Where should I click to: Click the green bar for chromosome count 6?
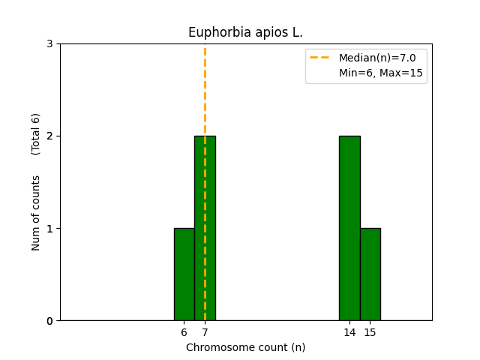point(184,274)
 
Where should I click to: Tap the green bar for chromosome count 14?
point(349,228)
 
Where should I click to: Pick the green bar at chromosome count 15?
point(370,274)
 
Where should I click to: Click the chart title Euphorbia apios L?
point(245,32)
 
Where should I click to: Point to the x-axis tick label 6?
point(184,332)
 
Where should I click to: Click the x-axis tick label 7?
point(205,332)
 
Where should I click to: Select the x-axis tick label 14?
point(349,332)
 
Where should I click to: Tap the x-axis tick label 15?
point(370,332)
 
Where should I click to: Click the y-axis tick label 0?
point(49,321)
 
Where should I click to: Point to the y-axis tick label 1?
point(49,229)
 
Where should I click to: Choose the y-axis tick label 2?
point(49,136)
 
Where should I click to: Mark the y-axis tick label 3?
point(49,44)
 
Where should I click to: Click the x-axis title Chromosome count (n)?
point(245,347)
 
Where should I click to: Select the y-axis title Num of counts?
point(36,212)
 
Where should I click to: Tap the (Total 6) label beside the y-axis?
point(36,133)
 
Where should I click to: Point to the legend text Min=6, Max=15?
point(380,73)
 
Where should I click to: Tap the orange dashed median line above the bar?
point(205,90)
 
